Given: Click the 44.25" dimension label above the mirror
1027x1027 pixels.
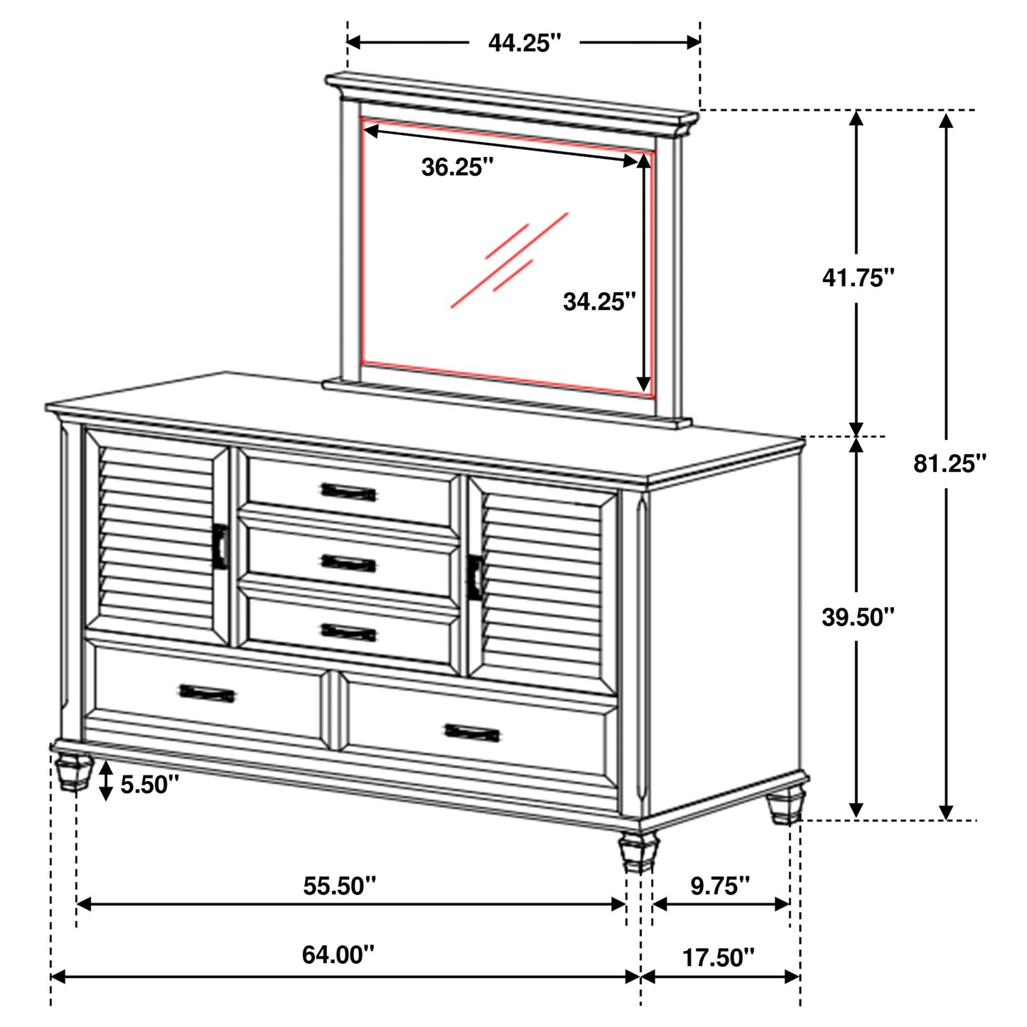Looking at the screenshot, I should tap(524, 43).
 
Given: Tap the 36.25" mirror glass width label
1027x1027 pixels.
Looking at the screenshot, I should tap(456, 168).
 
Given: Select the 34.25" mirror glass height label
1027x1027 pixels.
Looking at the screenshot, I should tap(598, 302).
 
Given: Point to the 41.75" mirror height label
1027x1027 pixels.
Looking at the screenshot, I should tap(857, 278).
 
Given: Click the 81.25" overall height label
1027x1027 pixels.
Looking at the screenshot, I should tap(950, 464).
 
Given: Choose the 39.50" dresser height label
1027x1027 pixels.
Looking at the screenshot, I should tap(857, 617).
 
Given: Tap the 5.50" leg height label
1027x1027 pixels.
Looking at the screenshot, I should tap(149, 785).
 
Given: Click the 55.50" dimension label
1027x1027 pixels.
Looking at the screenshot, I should tap(339, 886).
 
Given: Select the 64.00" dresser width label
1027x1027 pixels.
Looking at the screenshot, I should tap(338, 955).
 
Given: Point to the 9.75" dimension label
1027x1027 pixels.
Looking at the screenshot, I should tap(720, 886).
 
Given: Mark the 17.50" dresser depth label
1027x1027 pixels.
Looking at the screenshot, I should tap(719, 958).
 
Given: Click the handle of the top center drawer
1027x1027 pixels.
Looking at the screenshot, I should tap(348, 492).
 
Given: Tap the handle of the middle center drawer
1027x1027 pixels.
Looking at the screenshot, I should tap(348, 564).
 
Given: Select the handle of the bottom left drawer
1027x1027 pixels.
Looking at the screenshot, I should tap(207, 693).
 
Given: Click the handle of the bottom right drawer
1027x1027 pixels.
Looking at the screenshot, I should tap(473, 732).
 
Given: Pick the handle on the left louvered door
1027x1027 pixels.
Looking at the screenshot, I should tap(220, 547).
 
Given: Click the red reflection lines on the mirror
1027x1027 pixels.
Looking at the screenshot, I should tap(510, 259).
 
